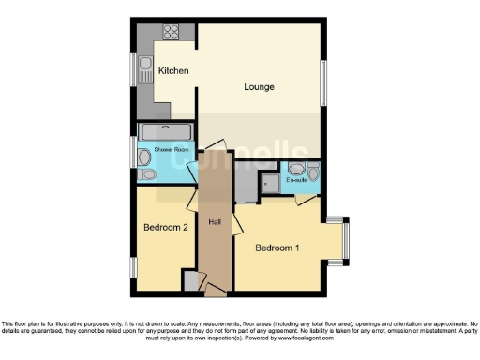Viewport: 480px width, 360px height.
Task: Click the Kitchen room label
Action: (x=173, y=71)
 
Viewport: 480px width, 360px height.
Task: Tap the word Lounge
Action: (x=259, y=87)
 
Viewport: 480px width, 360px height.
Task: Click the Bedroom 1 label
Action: (x=277, y=247)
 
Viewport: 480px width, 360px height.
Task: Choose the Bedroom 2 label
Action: (x=166, y=227)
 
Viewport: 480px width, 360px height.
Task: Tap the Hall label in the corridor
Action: (x=215, y=221)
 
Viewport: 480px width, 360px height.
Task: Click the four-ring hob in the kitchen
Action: (x=172, y=31)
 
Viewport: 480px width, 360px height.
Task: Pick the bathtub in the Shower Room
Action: (x=166, y=132)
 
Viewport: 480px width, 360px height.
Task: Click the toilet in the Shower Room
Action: (x=146, y=158)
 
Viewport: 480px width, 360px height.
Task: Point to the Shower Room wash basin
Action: (x=146, y=173)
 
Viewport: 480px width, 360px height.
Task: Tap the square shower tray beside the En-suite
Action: (x=271, y=183)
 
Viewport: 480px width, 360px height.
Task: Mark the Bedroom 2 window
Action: (x=133, y=267)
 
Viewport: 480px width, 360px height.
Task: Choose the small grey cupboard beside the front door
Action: (x=191, y=280)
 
